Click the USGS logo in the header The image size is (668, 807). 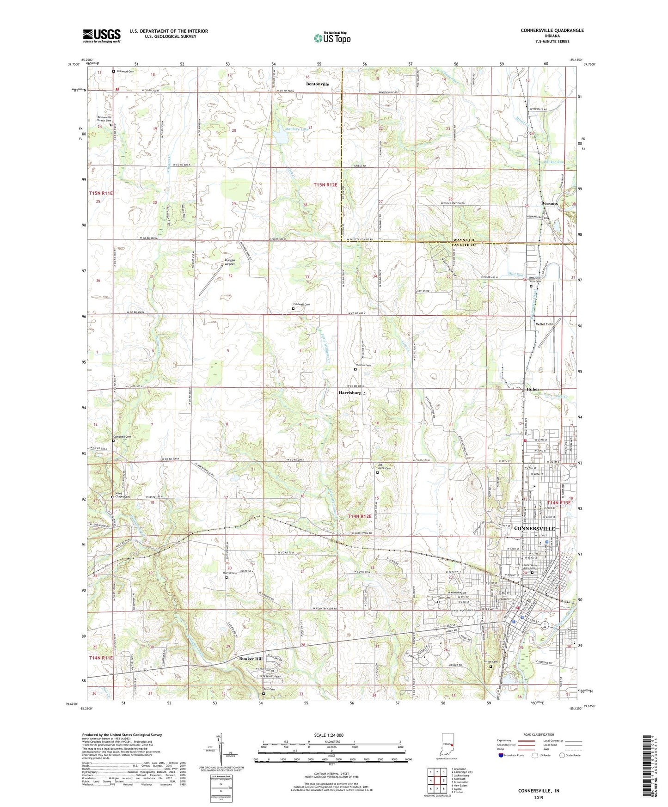[x=102, y=35]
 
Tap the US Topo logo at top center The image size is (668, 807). [x=332, y=37]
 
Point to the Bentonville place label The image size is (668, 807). [x=317, y=84]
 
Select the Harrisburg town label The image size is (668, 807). [x=349, y=392]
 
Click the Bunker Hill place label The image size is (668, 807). [x=251, y=659]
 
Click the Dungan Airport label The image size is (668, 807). [x=230, y=262]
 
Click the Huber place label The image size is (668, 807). [x=533, y=389]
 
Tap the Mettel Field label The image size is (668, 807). [x=544, y=324]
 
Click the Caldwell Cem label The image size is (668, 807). [x=301, y=305]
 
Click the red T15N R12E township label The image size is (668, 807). [x=325, y=185]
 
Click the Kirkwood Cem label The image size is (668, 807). [x=125, y=72]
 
